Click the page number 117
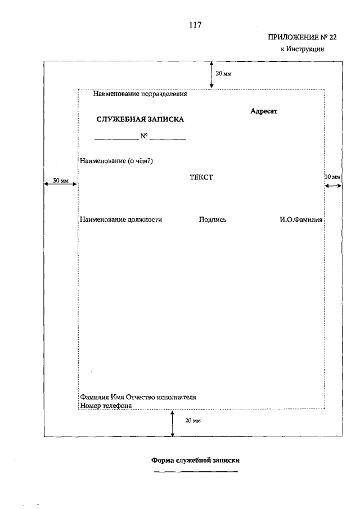tap(196, 25)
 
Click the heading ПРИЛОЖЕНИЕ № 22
tap(296, 38)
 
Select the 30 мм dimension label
tap(61, 181)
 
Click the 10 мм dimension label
tap(333, 177)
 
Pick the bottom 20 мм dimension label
tap(193, 421)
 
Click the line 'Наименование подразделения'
tap(139, 94)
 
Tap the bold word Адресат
tap(264, 111)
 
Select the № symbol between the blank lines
tap(143, 136)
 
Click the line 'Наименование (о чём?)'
tap(117, 161)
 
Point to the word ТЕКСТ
tap(201, 177)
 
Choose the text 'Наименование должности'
tap(121, 220)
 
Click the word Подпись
tap(213, 220)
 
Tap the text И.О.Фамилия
tap(301, 220)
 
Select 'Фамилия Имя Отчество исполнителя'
tap(138, 397)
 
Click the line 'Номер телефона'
tap(106, 405)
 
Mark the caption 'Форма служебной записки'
tap(196, 460)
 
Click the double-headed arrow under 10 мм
tap(333, 186)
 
